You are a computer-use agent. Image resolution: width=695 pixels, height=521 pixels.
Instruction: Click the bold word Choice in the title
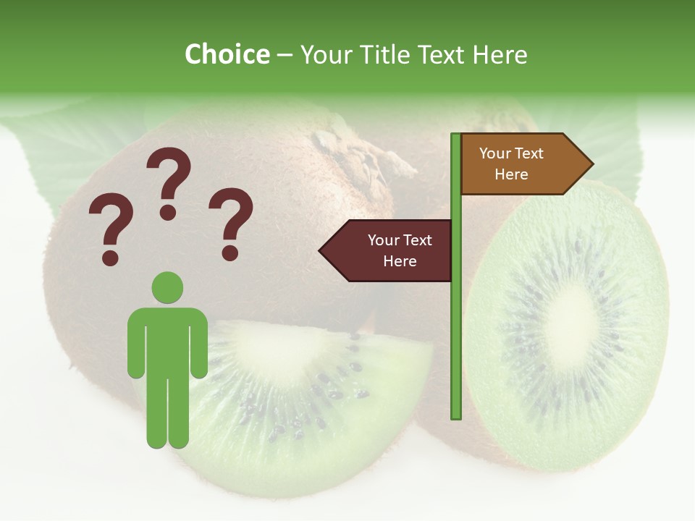click(227, 55)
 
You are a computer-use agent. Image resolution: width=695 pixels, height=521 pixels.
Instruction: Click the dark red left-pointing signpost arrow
click(388, 251)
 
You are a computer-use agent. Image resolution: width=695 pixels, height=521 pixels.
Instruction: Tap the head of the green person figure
click(167, 288)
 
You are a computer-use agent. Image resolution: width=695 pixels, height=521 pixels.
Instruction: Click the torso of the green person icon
click(167, 340)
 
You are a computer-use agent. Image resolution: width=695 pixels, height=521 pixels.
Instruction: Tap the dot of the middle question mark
click(168, 212)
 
